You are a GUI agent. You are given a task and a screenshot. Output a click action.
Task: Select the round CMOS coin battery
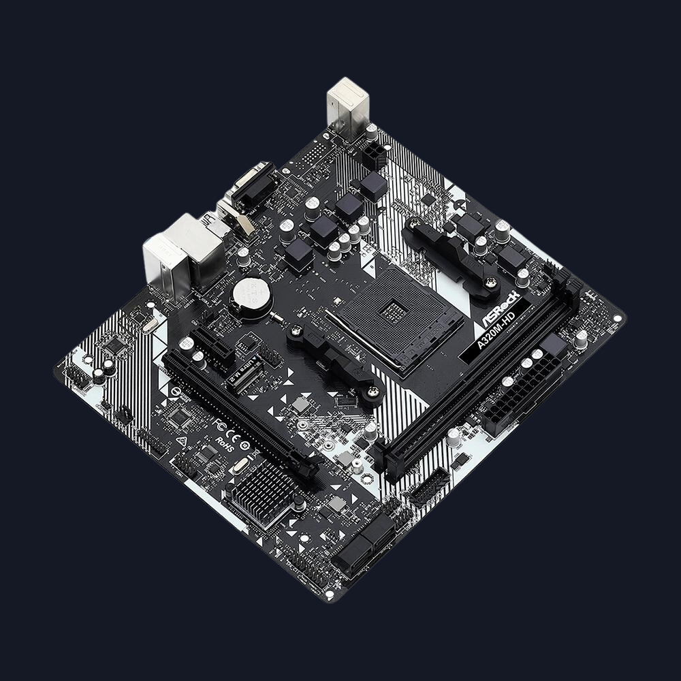(x=250, y=294)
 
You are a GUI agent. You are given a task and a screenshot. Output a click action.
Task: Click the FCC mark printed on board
(x=220, y=424)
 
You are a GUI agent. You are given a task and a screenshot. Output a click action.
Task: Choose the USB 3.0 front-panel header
(x=428, y=488)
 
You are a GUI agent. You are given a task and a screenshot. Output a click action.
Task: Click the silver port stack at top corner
(x=347, y=106)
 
